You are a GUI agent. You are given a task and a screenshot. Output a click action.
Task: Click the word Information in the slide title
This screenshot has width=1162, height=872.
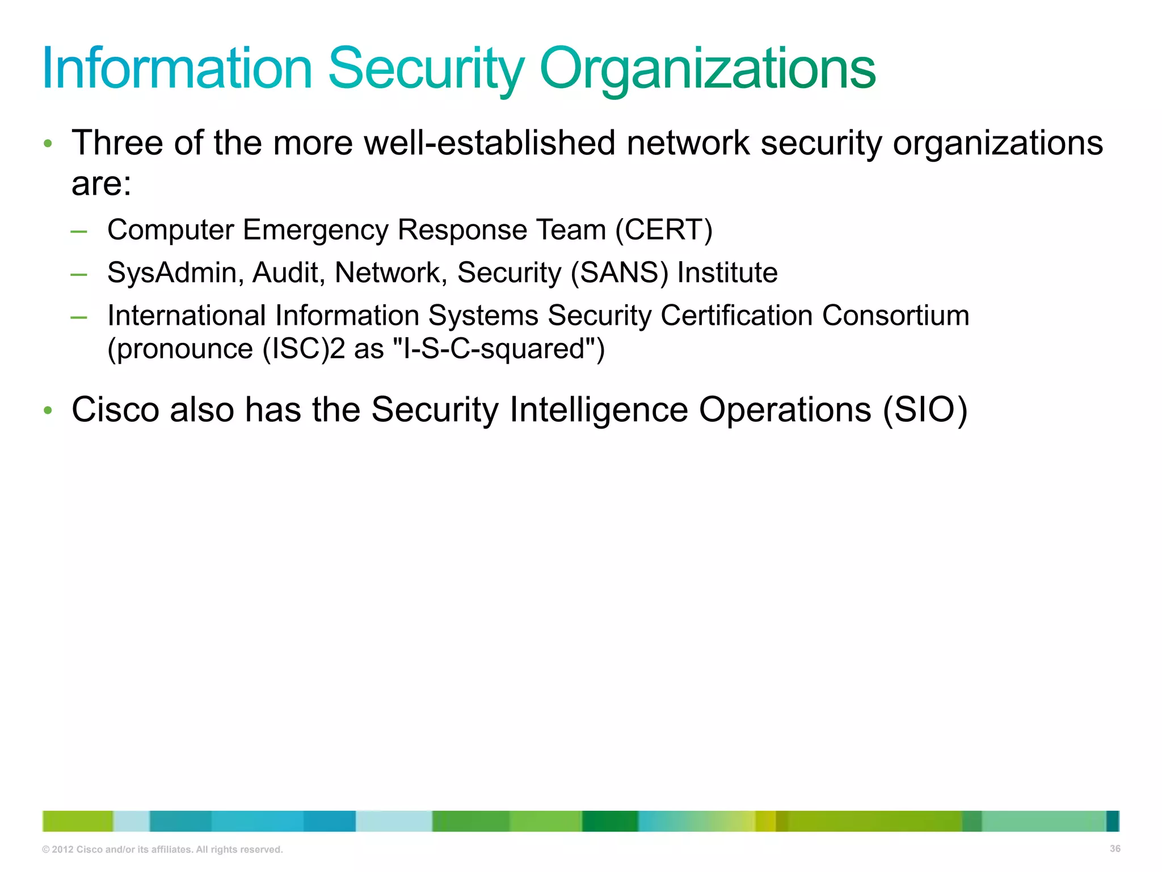177,69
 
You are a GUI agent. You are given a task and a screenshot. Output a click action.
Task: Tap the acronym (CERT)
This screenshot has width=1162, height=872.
664,230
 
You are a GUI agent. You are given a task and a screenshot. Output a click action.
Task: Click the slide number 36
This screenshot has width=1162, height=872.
1115,849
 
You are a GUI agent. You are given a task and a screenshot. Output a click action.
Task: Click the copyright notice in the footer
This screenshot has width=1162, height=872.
162,850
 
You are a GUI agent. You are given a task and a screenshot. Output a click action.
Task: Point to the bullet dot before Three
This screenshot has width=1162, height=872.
48,143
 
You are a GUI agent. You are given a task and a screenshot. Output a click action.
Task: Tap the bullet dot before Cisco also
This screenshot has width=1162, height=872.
48,410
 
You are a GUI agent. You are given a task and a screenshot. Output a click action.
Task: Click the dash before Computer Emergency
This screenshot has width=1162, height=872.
79,231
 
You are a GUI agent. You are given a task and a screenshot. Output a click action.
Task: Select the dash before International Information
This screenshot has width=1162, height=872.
79,317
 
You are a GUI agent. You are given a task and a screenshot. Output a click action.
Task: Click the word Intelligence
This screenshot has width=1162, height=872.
599,409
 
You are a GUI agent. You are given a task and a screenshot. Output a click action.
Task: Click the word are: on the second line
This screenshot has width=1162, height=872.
101,185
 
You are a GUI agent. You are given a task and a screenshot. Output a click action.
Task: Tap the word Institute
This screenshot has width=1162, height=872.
727,272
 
